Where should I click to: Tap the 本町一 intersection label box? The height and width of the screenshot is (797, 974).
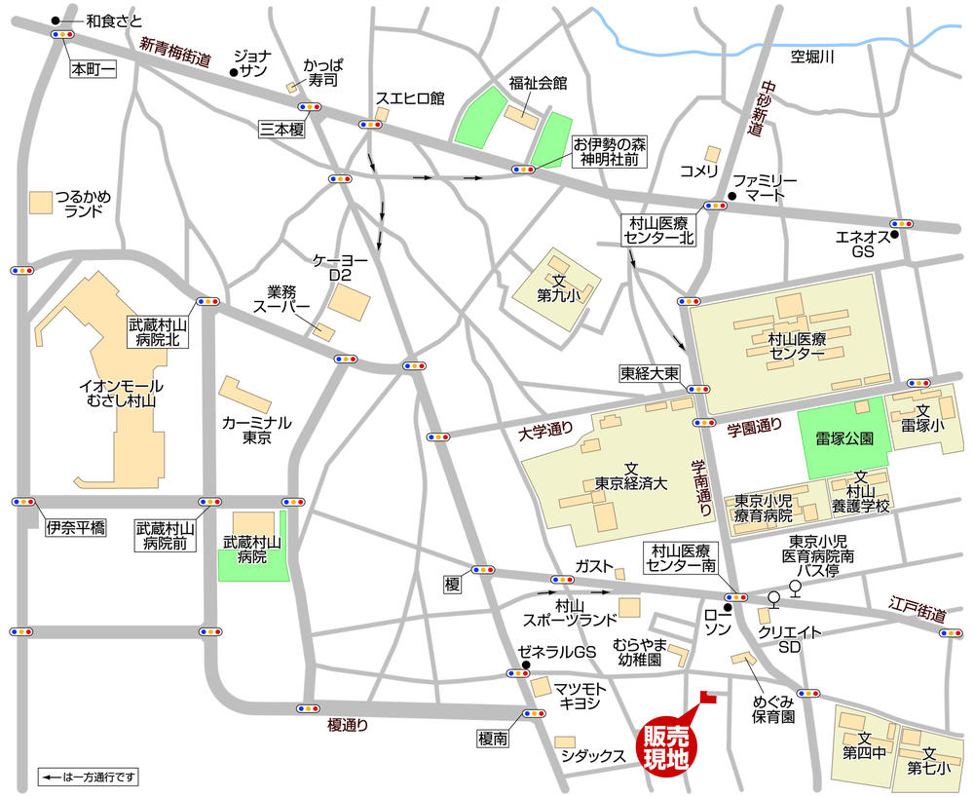(93, 71)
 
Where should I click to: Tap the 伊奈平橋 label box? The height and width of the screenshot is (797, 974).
(74, 529)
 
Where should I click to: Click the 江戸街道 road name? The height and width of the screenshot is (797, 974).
(918, 611)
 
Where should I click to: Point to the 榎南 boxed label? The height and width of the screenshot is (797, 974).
(493, 740)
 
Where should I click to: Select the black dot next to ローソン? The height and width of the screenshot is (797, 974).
(699, 607)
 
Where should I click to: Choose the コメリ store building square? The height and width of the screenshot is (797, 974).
(713, 153)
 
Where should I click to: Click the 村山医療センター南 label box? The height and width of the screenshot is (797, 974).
(683, 558)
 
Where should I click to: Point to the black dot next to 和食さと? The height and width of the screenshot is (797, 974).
(56, 20)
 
